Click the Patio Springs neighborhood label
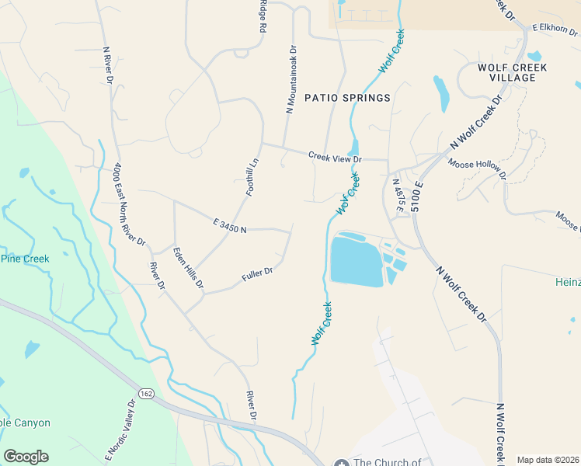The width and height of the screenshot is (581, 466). [x=347, y=98]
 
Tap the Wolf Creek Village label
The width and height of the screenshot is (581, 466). [x=512, y=72]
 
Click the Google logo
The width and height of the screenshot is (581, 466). [x=26, y=457]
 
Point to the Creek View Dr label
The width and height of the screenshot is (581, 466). [x=335, y=157]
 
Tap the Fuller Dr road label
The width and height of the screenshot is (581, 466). [x=257, y=273]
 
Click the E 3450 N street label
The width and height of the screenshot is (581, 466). [x=229, y=226]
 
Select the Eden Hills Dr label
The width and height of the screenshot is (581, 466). [x=188, y=269]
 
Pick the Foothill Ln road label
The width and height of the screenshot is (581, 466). [x=252, y=176]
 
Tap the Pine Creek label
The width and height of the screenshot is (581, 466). [x=25, y=259]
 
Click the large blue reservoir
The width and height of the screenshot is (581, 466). [x=357, y=262]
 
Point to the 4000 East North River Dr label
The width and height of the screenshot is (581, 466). [x=129, y=204]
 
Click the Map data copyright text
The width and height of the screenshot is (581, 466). [x=547, y=460]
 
